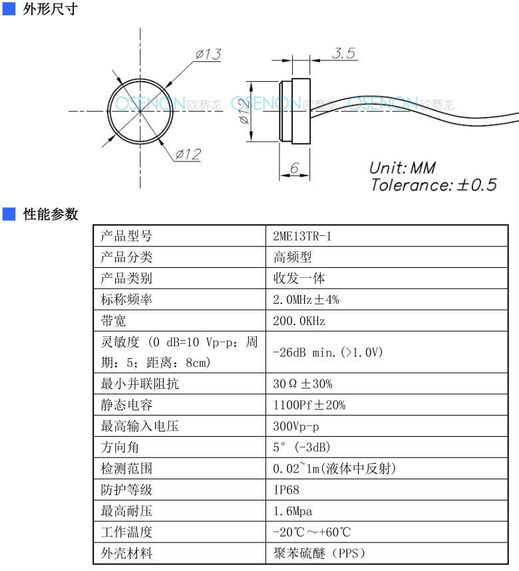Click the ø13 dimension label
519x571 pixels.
click(x=208, y=55)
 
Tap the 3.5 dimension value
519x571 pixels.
click(x=343, y=53)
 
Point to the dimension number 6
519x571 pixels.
click(x=294, y=168)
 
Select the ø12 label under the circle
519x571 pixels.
click(x=188, y=154)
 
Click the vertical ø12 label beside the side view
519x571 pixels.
click(x=244, y=111)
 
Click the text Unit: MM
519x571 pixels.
click(x=403, y=168)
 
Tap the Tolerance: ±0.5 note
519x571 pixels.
click(x=434, y=185)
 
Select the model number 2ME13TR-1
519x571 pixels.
click(x=302, y=237)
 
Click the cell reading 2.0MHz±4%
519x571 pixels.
click(x=306, y=300)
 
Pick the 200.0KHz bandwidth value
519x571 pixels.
click(x=299, y=321)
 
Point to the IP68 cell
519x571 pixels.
click(x=287, y=490)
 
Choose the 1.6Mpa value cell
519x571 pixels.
click(x=293, y=511)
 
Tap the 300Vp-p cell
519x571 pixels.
click(x=296, y=426)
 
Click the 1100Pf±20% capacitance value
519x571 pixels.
click(x=309, y=405)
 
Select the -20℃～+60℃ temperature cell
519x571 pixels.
click(x=312, y=532)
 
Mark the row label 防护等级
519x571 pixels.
click(x=126, y=490)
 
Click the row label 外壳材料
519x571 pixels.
click(x=126, y=553)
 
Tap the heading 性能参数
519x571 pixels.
click(x=51, y=214)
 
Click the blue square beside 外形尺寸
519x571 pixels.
click(x=9, y=9)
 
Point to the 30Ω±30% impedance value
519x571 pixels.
click(x=303, y=384)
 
